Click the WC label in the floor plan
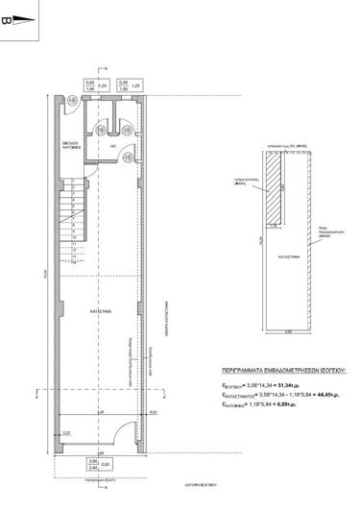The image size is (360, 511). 111,147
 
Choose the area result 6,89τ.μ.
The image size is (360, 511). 306,404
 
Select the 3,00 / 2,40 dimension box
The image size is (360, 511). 94,464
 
